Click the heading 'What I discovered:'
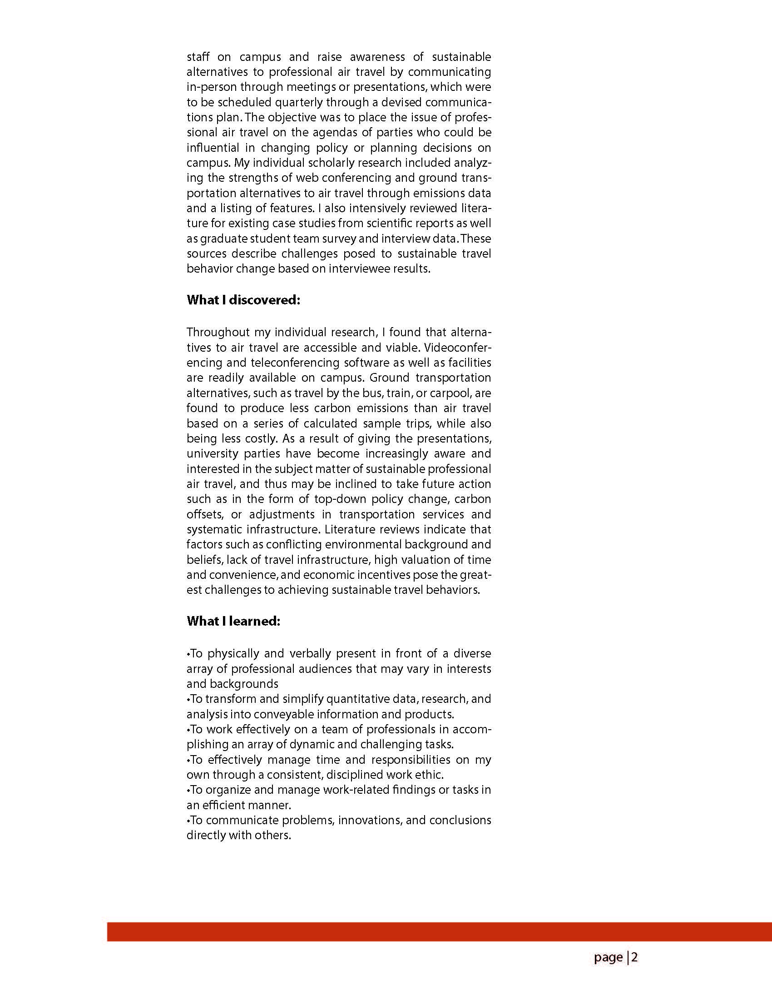coord(243,300)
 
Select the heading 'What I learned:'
coord(233,622)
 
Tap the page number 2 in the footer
coord(635,957)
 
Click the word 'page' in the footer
coord(608,958)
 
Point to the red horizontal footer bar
coord(439,932)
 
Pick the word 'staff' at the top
coord(198,57)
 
